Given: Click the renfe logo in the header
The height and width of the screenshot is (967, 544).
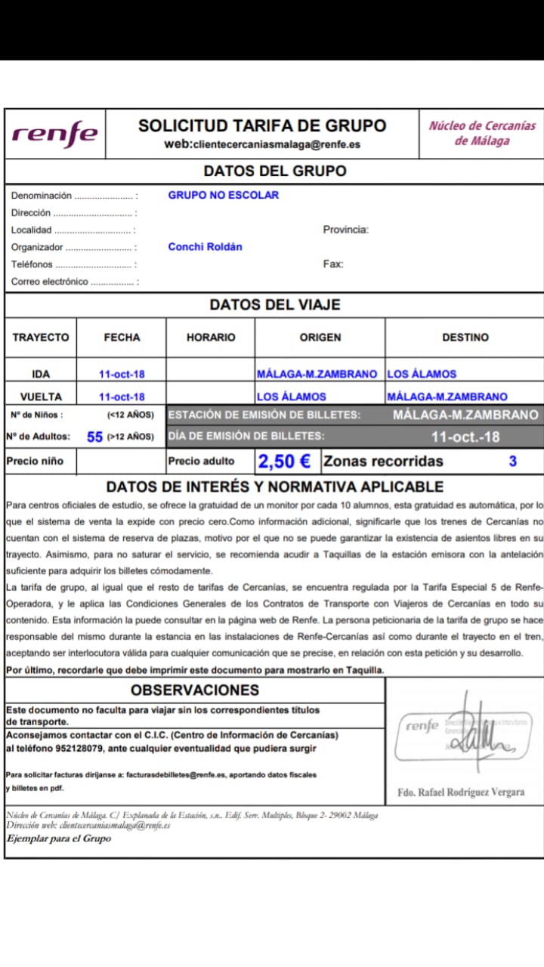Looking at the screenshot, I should [x=54, y=134].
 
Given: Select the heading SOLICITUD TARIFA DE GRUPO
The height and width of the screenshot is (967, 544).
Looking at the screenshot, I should [x=262, y=126].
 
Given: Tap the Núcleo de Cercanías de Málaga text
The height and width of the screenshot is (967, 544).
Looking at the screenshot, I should [x=482, y=133].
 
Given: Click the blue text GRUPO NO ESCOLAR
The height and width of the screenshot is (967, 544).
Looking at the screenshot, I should [x=223, y=195].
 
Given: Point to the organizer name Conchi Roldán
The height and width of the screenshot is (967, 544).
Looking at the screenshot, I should [x=205, y=247].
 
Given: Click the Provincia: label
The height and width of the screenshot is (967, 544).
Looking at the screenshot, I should [x=345, y=230].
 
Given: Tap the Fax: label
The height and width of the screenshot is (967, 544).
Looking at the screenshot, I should [x=332, y=264].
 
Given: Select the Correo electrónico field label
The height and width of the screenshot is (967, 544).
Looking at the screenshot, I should [x=50, y=282].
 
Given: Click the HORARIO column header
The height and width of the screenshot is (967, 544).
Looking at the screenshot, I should [x=211, y=338].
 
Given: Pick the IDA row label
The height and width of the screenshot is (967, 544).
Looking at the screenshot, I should [x=41, y=374].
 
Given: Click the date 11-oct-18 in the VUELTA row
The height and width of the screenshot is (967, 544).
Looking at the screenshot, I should [x=122, y=397].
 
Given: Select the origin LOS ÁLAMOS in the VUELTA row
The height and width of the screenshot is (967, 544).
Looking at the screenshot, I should [x=292, y=397].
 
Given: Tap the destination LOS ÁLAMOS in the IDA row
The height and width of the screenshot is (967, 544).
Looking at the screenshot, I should [x=422, y=374].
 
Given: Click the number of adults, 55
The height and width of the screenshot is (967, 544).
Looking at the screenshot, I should [x=94, y=437].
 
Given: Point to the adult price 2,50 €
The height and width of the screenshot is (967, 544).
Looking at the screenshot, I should [x=285, y=461].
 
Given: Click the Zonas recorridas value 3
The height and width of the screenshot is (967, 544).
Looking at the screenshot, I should [x=512, y=461].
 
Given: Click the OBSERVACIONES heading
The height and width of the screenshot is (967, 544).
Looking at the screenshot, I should [x=195, y=690].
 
